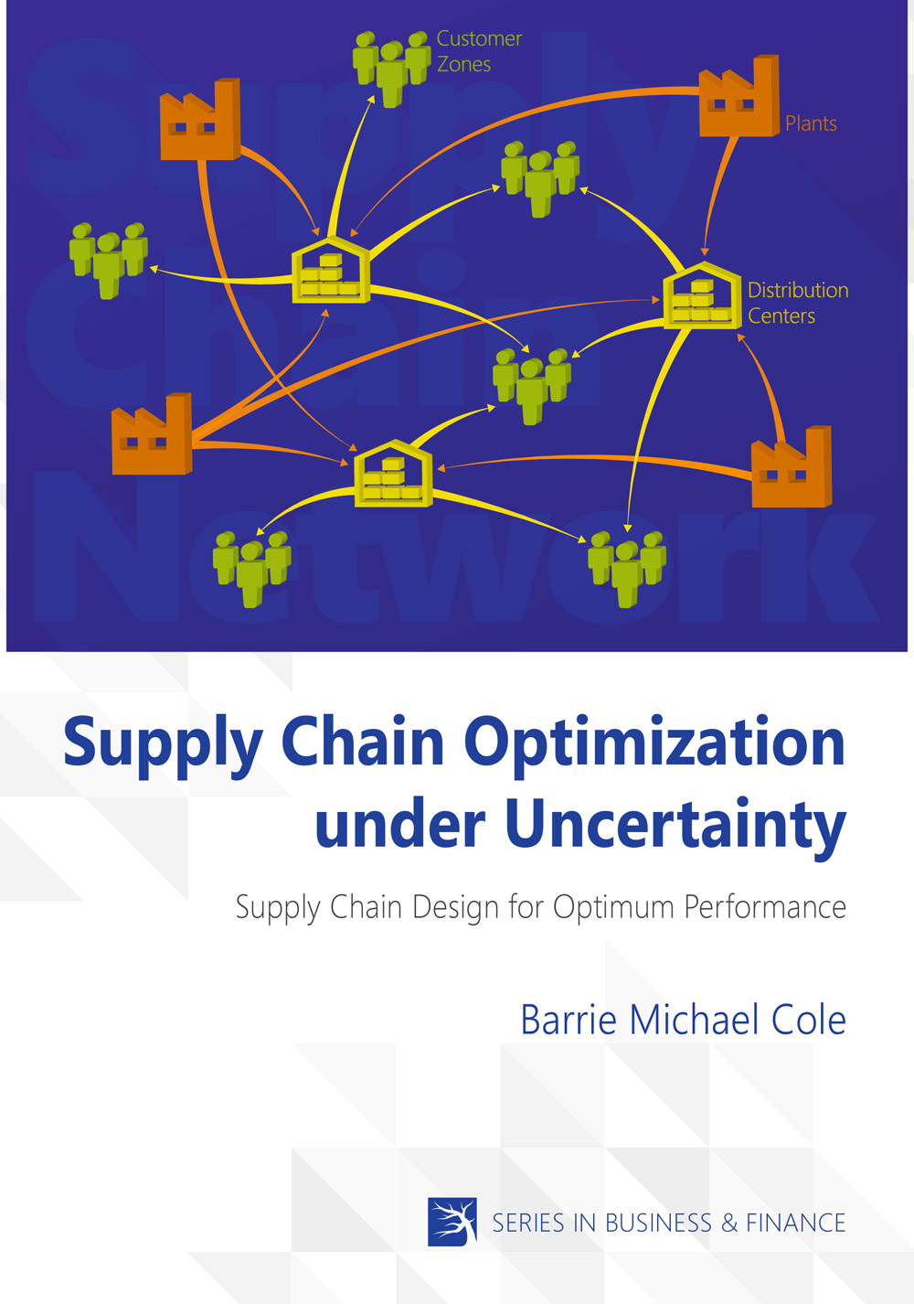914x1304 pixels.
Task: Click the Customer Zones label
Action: [479, 51]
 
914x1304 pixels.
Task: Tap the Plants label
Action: [811, 123]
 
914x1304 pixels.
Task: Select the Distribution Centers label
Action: [797, 303]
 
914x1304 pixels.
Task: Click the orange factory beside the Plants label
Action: [739, 98]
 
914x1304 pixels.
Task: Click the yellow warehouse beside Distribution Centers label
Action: [701, 297]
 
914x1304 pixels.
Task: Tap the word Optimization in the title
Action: [654, 743]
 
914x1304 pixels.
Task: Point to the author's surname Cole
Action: [809, 1020]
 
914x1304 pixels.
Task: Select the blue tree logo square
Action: [452, 1222]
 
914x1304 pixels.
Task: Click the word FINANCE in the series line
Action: [795, 1223]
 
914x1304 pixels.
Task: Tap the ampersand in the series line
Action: [728, 1223]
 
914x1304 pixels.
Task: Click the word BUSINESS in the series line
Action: [658, 1223]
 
